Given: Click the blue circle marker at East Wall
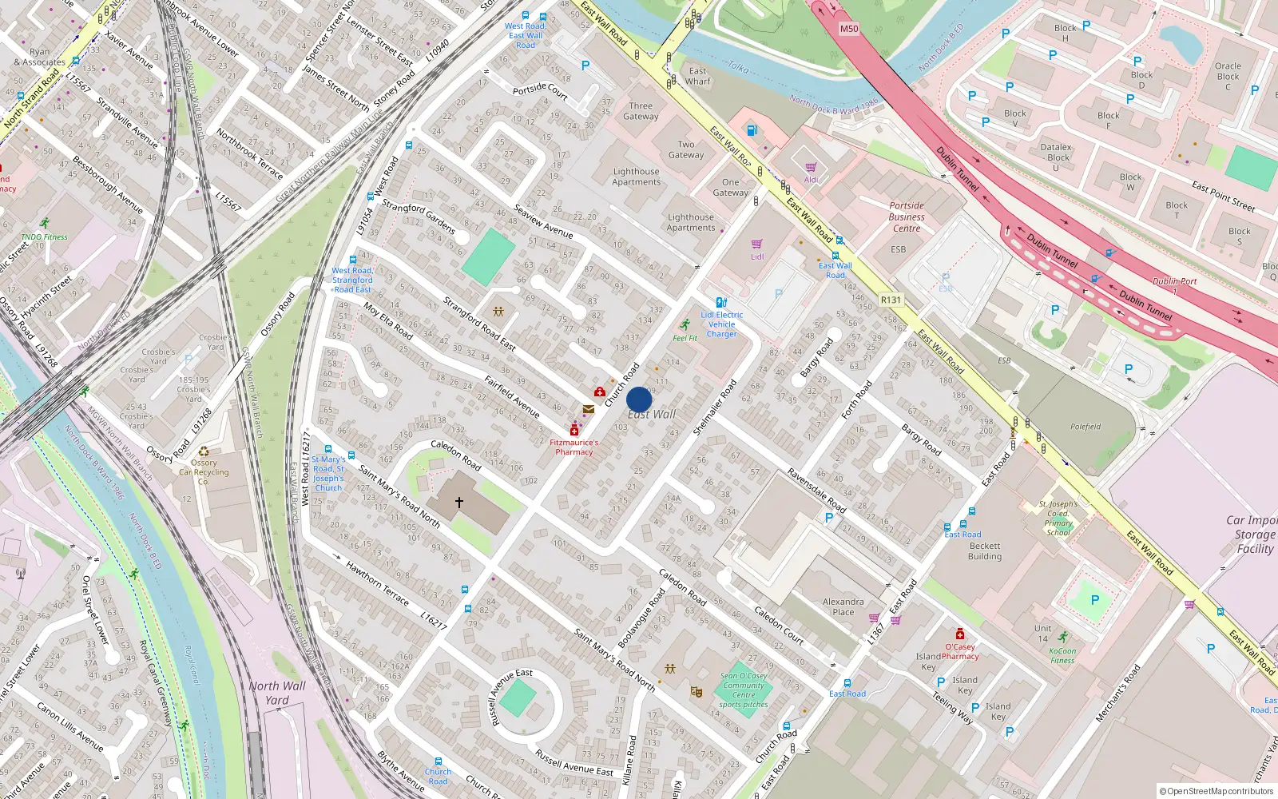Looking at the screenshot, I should [639, 399].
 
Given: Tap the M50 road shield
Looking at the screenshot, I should [849, 29].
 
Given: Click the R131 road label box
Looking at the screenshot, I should [891, 300].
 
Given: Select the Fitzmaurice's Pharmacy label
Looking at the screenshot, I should [574, 447].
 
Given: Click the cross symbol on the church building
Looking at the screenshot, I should [459, 503].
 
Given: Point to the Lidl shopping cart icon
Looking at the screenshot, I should [756, 244].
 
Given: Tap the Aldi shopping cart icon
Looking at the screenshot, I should [811, 167].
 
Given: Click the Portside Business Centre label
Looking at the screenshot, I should [907, 217].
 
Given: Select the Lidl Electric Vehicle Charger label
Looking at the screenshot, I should [722, 324].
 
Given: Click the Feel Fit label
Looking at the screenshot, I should [685, 338].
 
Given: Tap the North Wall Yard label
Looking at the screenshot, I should [276, 693].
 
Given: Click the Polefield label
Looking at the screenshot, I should [1086, 427].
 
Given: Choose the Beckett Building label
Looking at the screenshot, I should [985, 551].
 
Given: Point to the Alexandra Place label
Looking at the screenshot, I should [843, 606].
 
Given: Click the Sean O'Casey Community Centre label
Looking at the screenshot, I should [744, 690].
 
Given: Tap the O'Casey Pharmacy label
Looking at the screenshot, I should [960, 651].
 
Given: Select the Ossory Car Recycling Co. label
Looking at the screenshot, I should [204, 471].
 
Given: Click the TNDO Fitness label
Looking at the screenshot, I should [45, 237].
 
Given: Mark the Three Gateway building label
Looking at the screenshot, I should [641, 111].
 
